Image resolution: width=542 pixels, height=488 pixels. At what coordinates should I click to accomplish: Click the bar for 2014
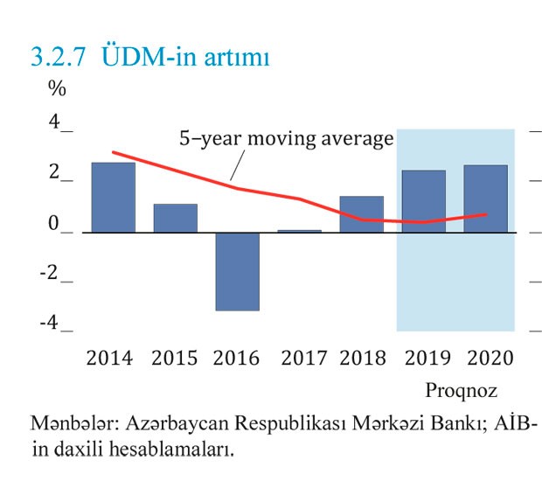114,198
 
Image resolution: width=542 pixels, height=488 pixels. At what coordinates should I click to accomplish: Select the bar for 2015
176,219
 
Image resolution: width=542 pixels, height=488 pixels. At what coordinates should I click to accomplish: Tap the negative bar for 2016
238,271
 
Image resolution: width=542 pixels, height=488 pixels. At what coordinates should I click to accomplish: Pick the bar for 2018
362,214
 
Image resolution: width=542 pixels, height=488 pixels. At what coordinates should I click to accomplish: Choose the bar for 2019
424,201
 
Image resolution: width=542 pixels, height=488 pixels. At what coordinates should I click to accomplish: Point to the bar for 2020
485,199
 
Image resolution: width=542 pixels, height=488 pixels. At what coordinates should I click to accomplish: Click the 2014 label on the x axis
109,359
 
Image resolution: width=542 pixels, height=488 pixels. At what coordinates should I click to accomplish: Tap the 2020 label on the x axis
490,359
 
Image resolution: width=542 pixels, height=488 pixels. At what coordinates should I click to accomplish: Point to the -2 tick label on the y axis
49,274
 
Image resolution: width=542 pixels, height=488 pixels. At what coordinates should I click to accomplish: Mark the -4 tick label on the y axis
49,324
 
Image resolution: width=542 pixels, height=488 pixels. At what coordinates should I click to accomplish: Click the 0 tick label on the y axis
53,224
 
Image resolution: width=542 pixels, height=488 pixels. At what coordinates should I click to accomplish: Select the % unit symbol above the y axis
57,88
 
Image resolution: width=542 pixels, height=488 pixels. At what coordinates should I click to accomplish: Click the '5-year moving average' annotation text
287,139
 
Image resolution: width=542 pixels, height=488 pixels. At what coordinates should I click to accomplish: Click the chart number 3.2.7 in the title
59,58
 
